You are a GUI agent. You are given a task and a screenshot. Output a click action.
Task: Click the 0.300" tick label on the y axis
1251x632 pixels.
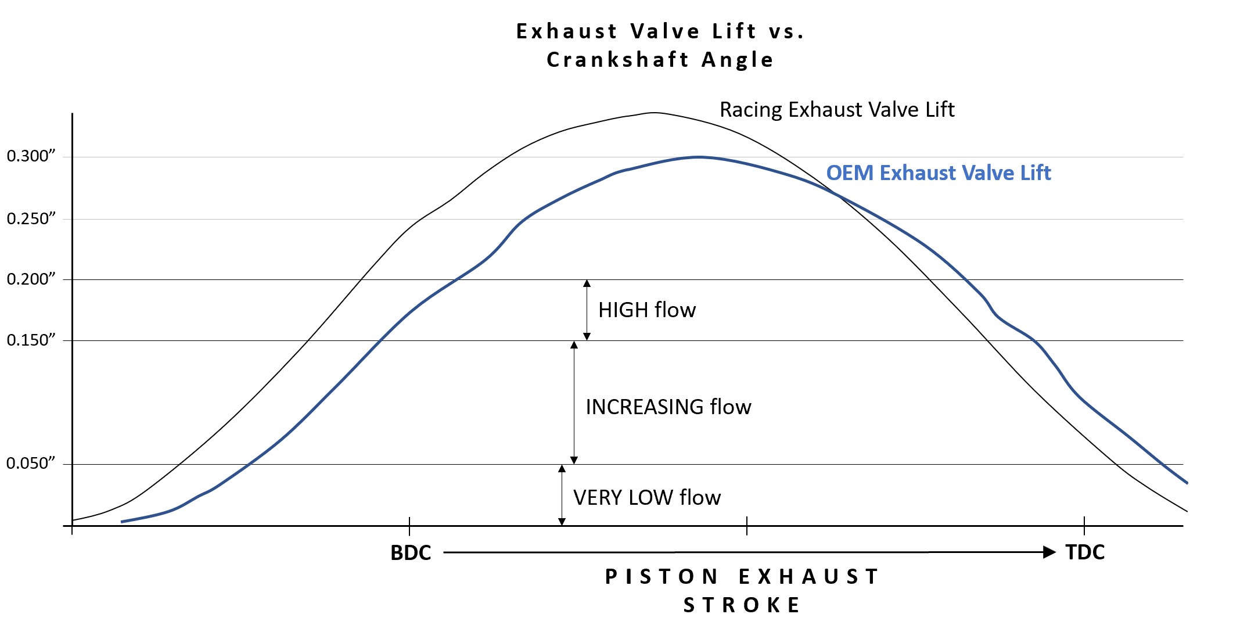point(31,156)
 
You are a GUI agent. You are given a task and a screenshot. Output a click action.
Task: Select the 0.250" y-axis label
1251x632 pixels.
point(31,219)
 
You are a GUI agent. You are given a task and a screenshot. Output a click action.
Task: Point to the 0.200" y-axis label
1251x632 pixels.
point(31,279)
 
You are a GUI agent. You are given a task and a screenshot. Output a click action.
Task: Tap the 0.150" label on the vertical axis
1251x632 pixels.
point(31,340)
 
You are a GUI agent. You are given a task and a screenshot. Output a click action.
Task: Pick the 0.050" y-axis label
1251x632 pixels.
point(31,464)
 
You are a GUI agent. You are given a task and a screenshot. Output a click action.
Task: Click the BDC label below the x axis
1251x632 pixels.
point(411,553)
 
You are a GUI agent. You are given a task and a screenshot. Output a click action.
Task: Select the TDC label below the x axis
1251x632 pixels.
point(1085,552)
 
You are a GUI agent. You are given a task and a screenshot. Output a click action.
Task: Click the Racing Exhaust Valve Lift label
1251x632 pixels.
point(837,110)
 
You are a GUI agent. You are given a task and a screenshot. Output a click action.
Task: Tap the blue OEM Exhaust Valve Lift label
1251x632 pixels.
point(939,173)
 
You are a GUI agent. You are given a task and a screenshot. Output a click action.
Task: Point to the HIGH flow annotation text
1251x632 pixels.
point(647,310)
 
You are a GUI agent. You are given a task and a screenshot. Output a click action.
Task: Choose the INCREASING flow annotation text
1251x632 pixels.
point(668,407)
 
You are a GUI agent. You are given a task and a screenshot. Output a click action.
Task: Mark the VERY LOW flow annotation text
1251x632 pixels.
point(647,498)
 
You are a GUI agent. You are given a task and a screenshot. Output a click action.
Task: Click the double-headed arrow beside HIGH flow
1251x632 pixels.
point(587,310)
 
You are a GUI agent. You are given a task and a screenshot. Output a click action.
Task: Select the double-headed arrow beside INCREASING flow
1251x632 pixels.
point(574,403)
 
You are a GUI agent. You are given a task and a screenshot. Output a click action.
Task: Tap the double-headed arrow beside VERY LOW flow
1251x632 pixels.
point(562,495)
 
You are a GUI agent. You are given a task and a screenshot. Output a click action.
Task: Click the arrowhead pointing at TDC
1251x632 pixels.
point(1049,552)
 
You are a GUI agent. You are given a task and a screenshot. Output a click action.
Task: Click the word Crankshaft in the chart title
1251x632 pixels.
point(618,60)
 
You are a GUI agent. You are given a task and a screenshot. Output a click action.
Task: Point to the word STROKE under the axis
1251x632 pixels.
point(742,605)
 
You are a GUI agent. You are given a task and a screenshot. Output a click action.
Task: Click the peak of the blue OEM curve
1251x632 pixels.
point(700,157)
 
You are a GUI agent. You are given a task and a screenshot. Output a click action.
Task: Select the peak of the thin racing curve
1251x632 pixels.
point(655,113)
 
